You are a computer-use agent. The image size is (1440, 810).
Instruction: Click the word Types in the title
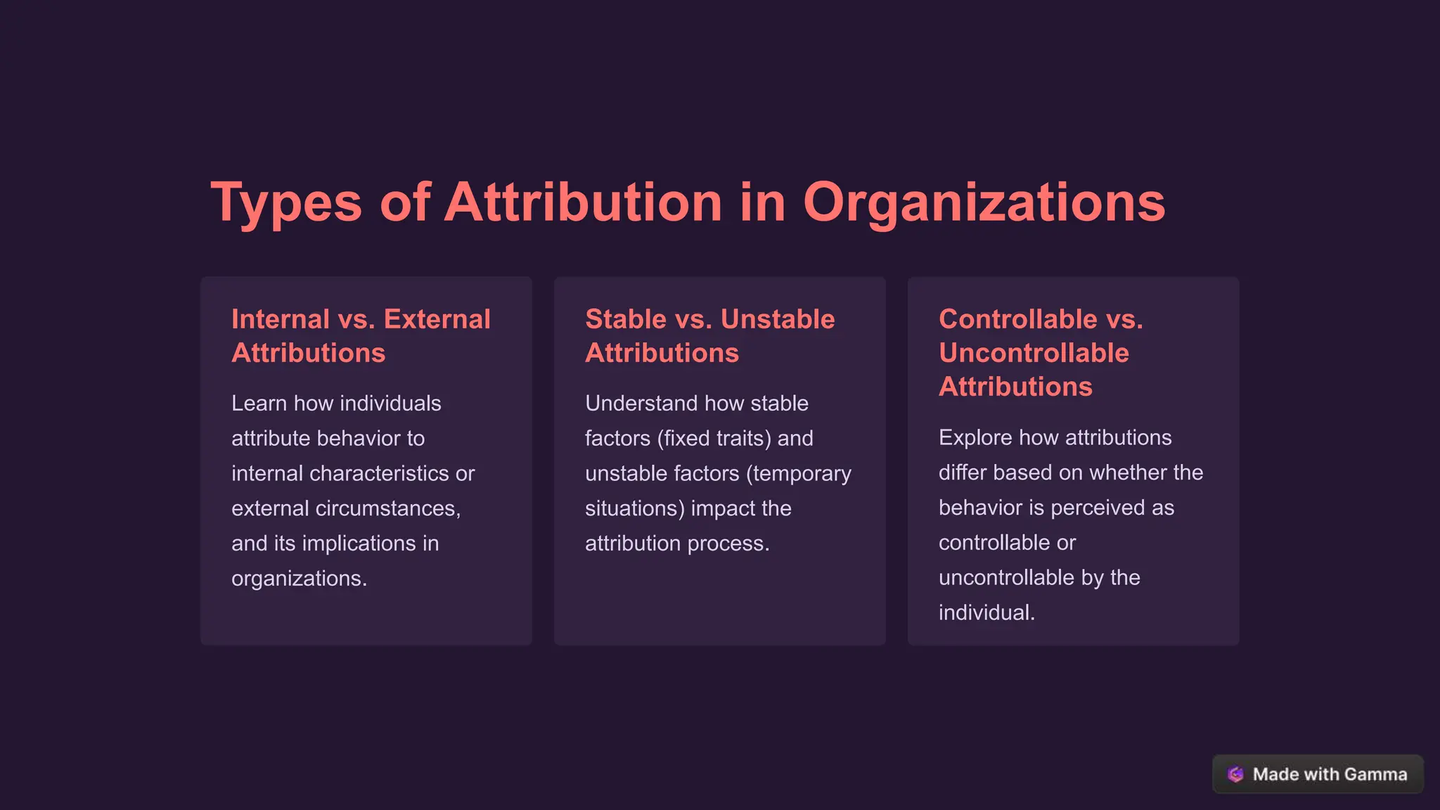(x=285, y=203)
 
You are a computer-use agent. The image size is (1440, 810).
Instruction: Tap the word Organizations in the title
(x=984, y=203)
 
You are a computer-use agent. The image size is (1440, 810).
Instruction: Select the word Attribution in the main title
(x=583, y=203)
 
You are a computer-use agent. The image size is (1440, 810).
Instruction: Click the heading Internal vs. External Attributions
(x=361, y=336)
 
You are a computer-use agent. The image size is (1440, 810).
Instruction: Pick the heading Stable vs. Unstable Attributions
(x=709, y=336)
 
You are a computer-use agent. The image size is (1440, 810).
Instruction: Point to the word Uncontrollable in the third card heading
(x=1034, y=353)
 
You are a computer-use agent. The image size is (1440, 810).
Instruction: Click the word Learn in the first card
(x=259, y=404)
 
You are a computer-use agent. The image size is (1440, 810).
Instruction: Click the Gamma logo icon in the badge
(x=1235, y=774)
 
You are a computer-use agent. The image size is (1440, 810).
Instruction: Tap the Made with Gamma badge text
(x=1330, y=774)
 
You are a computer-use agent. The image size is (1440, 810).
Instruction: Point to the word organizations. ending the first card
(x=299, y=579)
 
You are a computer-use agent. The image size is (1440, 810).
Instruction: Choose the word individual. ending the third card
(x=986, y=612)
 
